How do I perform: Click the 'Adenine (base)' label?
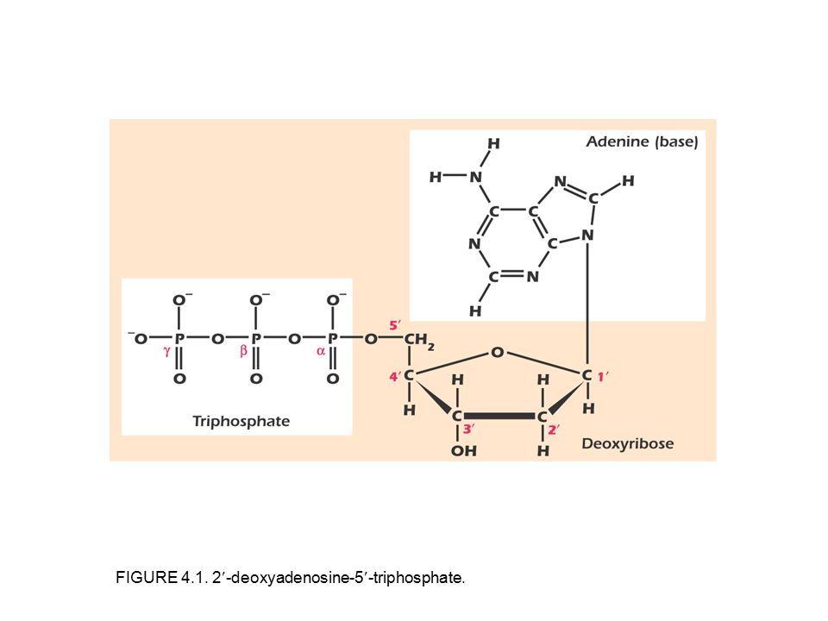(x=643, y=142)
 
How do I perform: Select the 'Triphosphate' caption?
(x=240, y=421)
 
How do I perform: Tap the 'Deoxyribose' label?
(x=627, y=444)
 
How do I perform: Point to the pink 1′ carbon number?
(x=607, y=375)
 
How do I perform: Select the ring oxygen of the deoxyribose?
(x=498, y=352)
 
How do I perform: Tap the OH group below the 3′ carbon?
(x=462, y=450)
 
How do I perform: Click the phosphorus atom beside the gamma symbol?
(x=179, y=338)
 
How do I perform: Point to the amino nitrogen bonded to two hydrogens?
(x=474, y=178)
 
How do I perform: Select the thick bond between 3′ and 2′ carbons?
(x=500, y=415)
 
